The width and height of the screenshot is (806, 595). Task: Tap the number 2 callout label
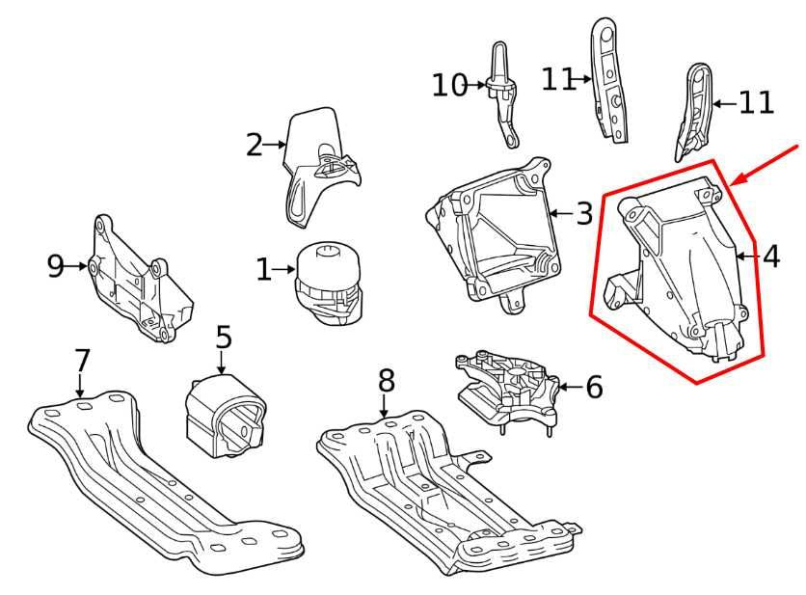click(255, 145)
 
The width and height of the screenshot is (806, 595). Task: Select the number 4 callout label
click(770, 257)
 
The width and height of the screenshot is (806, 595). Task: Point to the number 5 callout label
click(224, 338)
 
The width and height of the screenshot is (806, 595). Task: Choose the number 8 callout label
click(386, 381)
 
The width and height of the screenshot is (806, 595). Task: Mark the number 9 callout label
click(56, 265)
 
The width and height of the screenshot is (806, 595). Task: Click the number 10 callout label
click(449, 85)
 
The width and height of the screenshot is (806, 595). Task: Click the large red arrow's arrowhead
click(738, 179)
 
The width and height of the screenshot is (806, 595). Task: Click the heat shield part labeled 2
click(318, 164)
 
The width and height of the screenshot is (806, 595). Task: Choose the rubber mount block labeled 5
click(224, 413)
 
